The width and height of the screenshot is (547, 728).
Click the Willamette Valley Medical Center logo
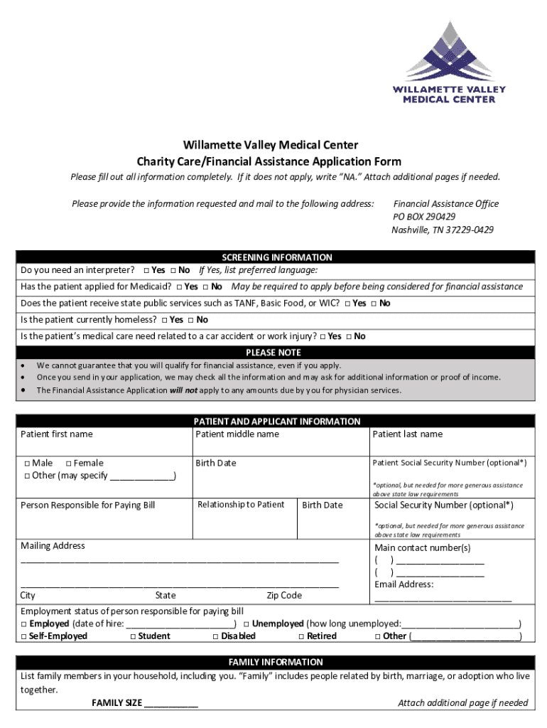(449, 63)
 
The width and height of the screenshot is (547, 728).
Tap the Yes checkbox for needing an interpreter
(146, 271)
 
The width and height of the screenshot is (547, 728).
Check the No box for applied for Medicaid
(205, 287)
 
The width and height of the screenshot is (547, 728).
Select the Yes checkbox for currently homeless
(164, 320)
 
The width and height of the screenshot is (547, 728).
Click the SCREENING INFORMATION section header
(276, 257)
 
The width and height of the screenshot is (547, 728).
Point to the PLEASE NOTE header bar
(273, 353)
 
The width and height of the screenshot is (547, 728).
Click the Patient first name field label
(57, 434)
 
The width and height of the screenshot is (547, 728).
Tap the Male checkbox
(26, 464)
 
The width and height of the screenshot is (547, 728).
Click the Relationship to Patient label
(241, 505)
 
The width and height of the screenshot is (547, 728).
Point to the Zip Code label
(284, 596)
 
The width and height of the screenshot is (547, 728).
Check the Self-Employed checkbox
(25, 636)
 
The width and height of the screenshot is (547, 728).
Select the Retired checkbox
(301, 636)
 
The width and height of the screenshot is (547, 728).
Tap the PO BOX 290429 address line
(424, 217)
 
